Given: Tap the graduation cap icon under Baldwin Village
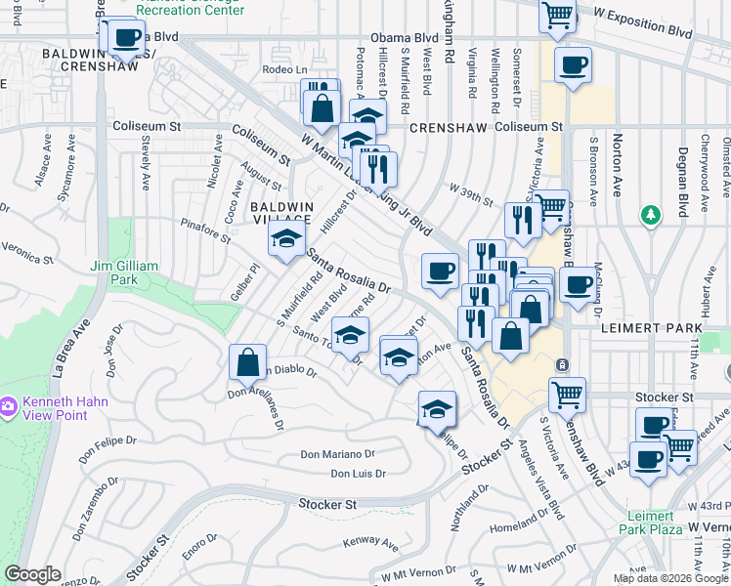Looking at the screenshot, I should click(x=285, y=239).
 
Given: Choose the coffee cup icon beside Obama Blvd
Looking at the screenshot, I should click(x=125, y=37).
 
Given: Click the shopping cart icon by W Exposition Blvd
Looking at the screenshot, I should click(x=557, y=16).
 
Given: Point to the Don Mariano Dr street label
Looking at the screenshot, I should click(x=337, y=454).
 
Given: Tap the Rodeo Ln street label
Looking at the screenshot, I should click(x=287, y=69).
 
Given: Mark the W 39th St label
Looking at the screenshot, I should click(x=471, y=193).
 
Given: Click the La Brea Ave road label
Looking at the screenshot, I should click(x=70, y=347).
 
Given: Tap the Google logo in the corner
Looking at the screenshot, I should click(x=32, y=574).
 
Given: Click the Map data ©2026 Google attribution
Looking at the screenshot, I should click(x=669, y=578).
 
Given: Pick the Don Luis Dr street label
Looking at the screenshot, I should click(x=359, y=474).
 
